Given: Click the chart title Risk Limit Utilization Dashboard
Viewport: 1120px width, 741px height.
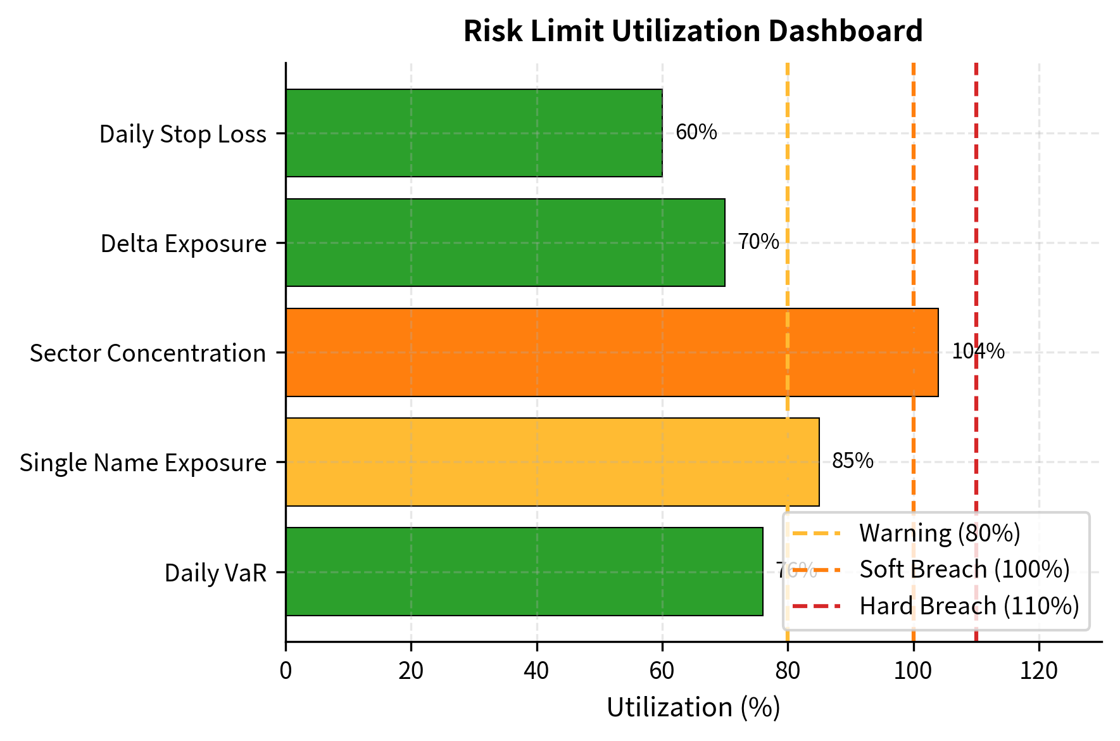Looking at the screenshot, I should tap(693, 31).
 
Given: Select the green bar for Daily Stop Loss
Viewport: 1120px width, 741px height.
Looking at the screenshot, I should tap(474, 133).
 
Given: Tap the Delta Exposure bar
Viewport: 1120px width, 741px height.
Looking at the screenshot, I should tap(505, 243).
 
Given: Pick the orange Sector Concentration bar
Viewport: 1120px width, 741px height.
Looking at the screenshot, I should tap(612, 352).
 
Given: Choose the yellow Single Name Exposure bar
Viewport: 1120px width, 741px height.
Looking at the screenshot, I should tap(552, 462).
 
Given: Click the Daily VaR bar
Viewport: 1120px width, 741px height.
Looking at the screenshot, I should tap(524, 571).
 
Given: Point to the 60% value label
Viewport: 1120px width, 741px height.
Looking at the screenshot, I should tap(696, 132).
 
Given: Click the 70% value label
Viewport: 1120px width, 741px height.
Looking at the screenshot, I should tap(758, 242).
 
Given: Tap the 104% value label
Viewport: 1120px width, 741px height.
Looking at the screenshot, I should tap(978, 351).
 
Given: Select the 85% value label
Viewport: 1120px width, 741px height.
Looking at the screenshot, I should tap(852, 461).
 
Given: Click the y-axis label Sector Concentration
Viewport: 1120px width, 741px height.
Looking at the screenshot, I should tap(148, 353).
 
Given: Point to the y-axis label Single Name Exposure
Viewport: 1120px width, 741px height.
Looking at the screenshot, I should tap(142, 463).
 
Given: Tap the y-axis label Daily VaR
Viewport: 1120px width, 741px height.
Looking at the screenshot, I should tap(215, 573).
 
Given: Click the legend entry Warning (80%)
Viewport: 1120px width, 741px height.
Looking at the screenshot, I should tap(940, 533).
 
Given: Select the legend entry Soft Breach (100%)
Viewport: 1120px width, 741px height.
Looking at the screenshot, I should tap(964, 569).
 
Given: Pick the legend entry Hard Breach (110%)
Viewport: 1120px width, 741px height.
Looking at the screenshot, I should tap(969, 606).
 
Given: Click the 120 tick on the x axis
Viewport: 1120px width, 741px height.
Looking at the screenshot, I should tap(1038, 671).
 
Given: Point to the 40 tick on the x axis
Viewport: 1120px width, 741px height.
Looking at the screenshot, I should tap(536, 671).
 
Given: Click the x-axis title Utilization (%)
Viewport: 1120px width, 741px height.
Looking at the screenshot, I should tap(693, 707).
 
